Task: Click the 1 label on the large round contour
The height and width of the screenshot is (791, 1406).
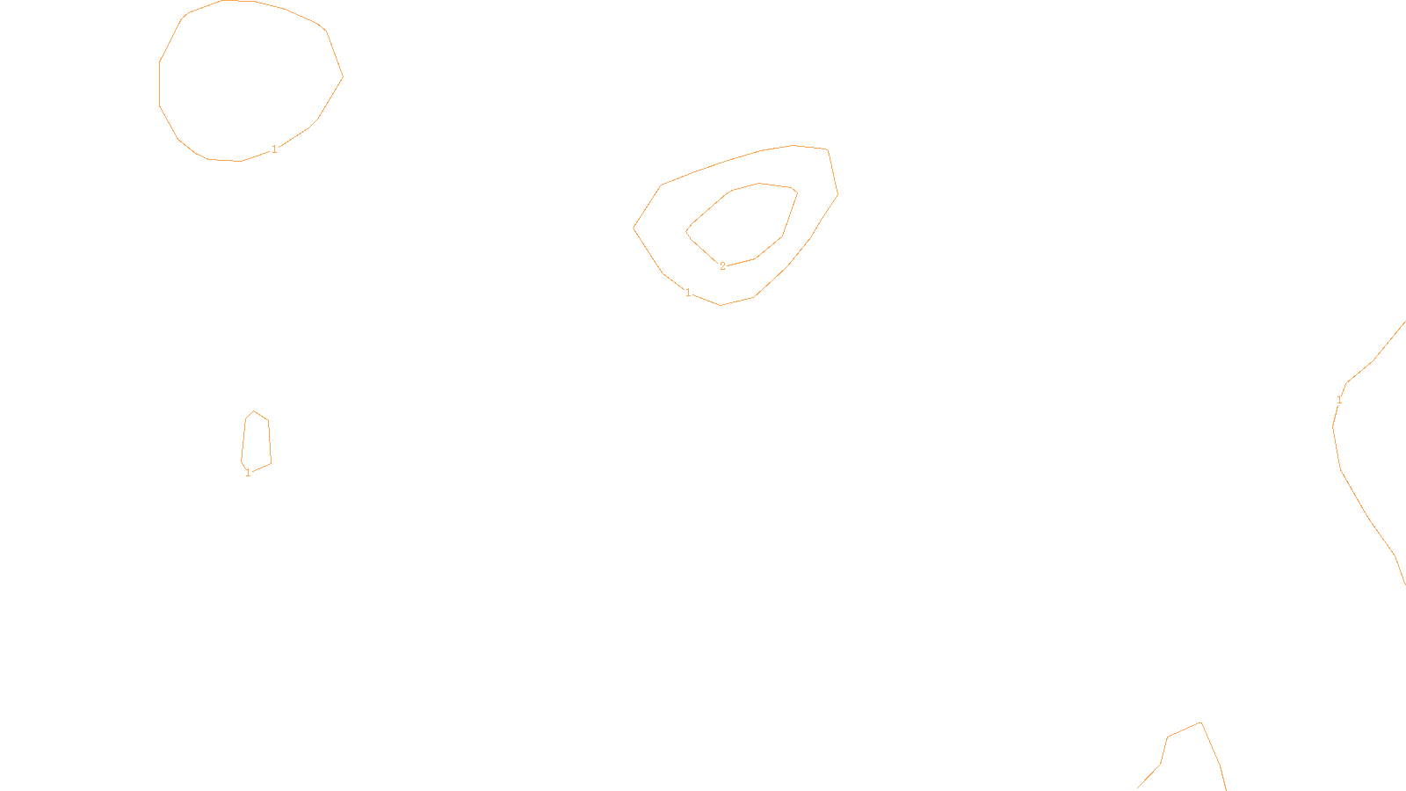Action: (274, 149)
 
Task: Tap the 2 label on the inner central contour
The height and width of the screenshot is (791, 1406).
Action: (723, 266)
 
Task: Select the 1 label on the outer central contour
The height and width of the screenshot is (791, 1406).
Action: (688, 293)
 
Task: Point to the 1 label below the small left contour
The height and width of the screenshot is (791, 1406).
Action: (248, 473)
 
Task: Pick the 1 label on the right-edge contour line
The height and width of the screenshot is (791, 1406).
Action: (1339, 400)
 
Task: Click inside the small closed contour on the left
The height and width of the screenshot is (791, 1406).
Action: (256, 439)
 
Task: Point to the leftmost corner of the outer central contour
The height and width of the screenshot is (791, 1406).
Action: (634, 228)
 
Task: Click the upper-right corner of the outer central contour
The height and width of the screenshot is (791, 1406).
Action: (828, 150)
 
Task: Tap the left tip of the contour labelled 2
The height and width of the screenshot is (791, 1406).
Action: (686, 231)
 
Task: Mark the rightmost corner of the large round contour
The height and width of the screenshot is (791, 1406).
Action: (343, 76)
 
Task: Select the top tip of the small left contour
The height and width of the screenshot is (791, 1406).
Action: (254, 410)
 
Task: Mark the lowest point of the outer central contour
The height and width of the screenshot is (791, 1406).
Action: (721, 305)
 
